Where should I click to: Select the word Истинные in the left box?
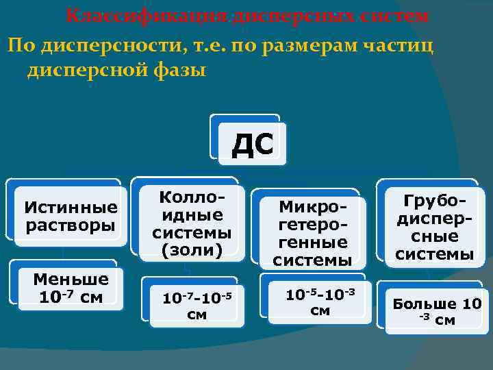pyautogui.click(x=71, y=206)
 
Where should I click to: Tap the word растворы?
pyautogui.click(x=71, y=225)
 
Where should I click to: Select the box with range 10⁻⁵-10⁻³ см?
pyautogui.click(x=320, y=301)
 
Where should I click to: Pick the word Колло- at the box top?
pyautogui.click(x=192, y=197)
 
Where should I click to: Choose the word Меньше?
pyautogui.click(x=71, y=279)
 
